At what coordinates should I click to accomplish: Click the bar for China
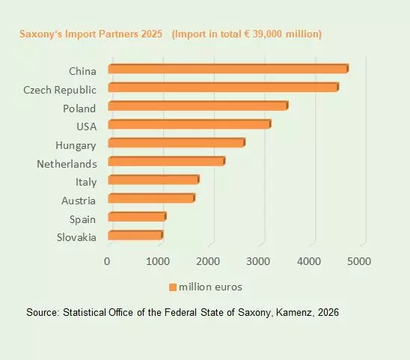click(228, 69)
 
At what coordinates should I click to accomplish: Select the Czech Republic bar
click(223, 88)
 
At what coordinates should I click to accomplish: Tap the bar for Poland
click(198, 106)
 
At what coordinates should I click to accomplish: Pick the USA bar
click(189, 124)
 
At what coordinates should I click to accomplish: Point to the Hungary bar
click(176, 143)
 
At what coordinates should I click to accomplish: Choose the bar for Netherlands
click(166, 161)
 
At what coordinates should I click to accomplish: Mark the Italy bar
click(153, 180)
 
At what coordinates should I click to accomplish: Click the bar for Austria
click(151, 198)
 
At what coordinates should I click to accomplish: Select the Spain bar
click(137, 217)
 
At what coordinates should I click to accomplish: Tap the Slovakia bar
click(135, 236)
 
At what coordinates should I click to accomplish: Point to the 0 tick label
click(108, 261)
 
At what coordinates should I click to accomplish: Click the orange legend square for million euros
click(172, 287)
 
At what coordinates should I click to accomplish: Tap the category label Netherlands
click(67, 163)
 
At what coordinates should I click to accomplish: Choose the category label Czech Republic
click(60, 90)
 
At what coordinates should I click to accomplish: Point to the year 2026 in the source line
click(327, 312)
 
